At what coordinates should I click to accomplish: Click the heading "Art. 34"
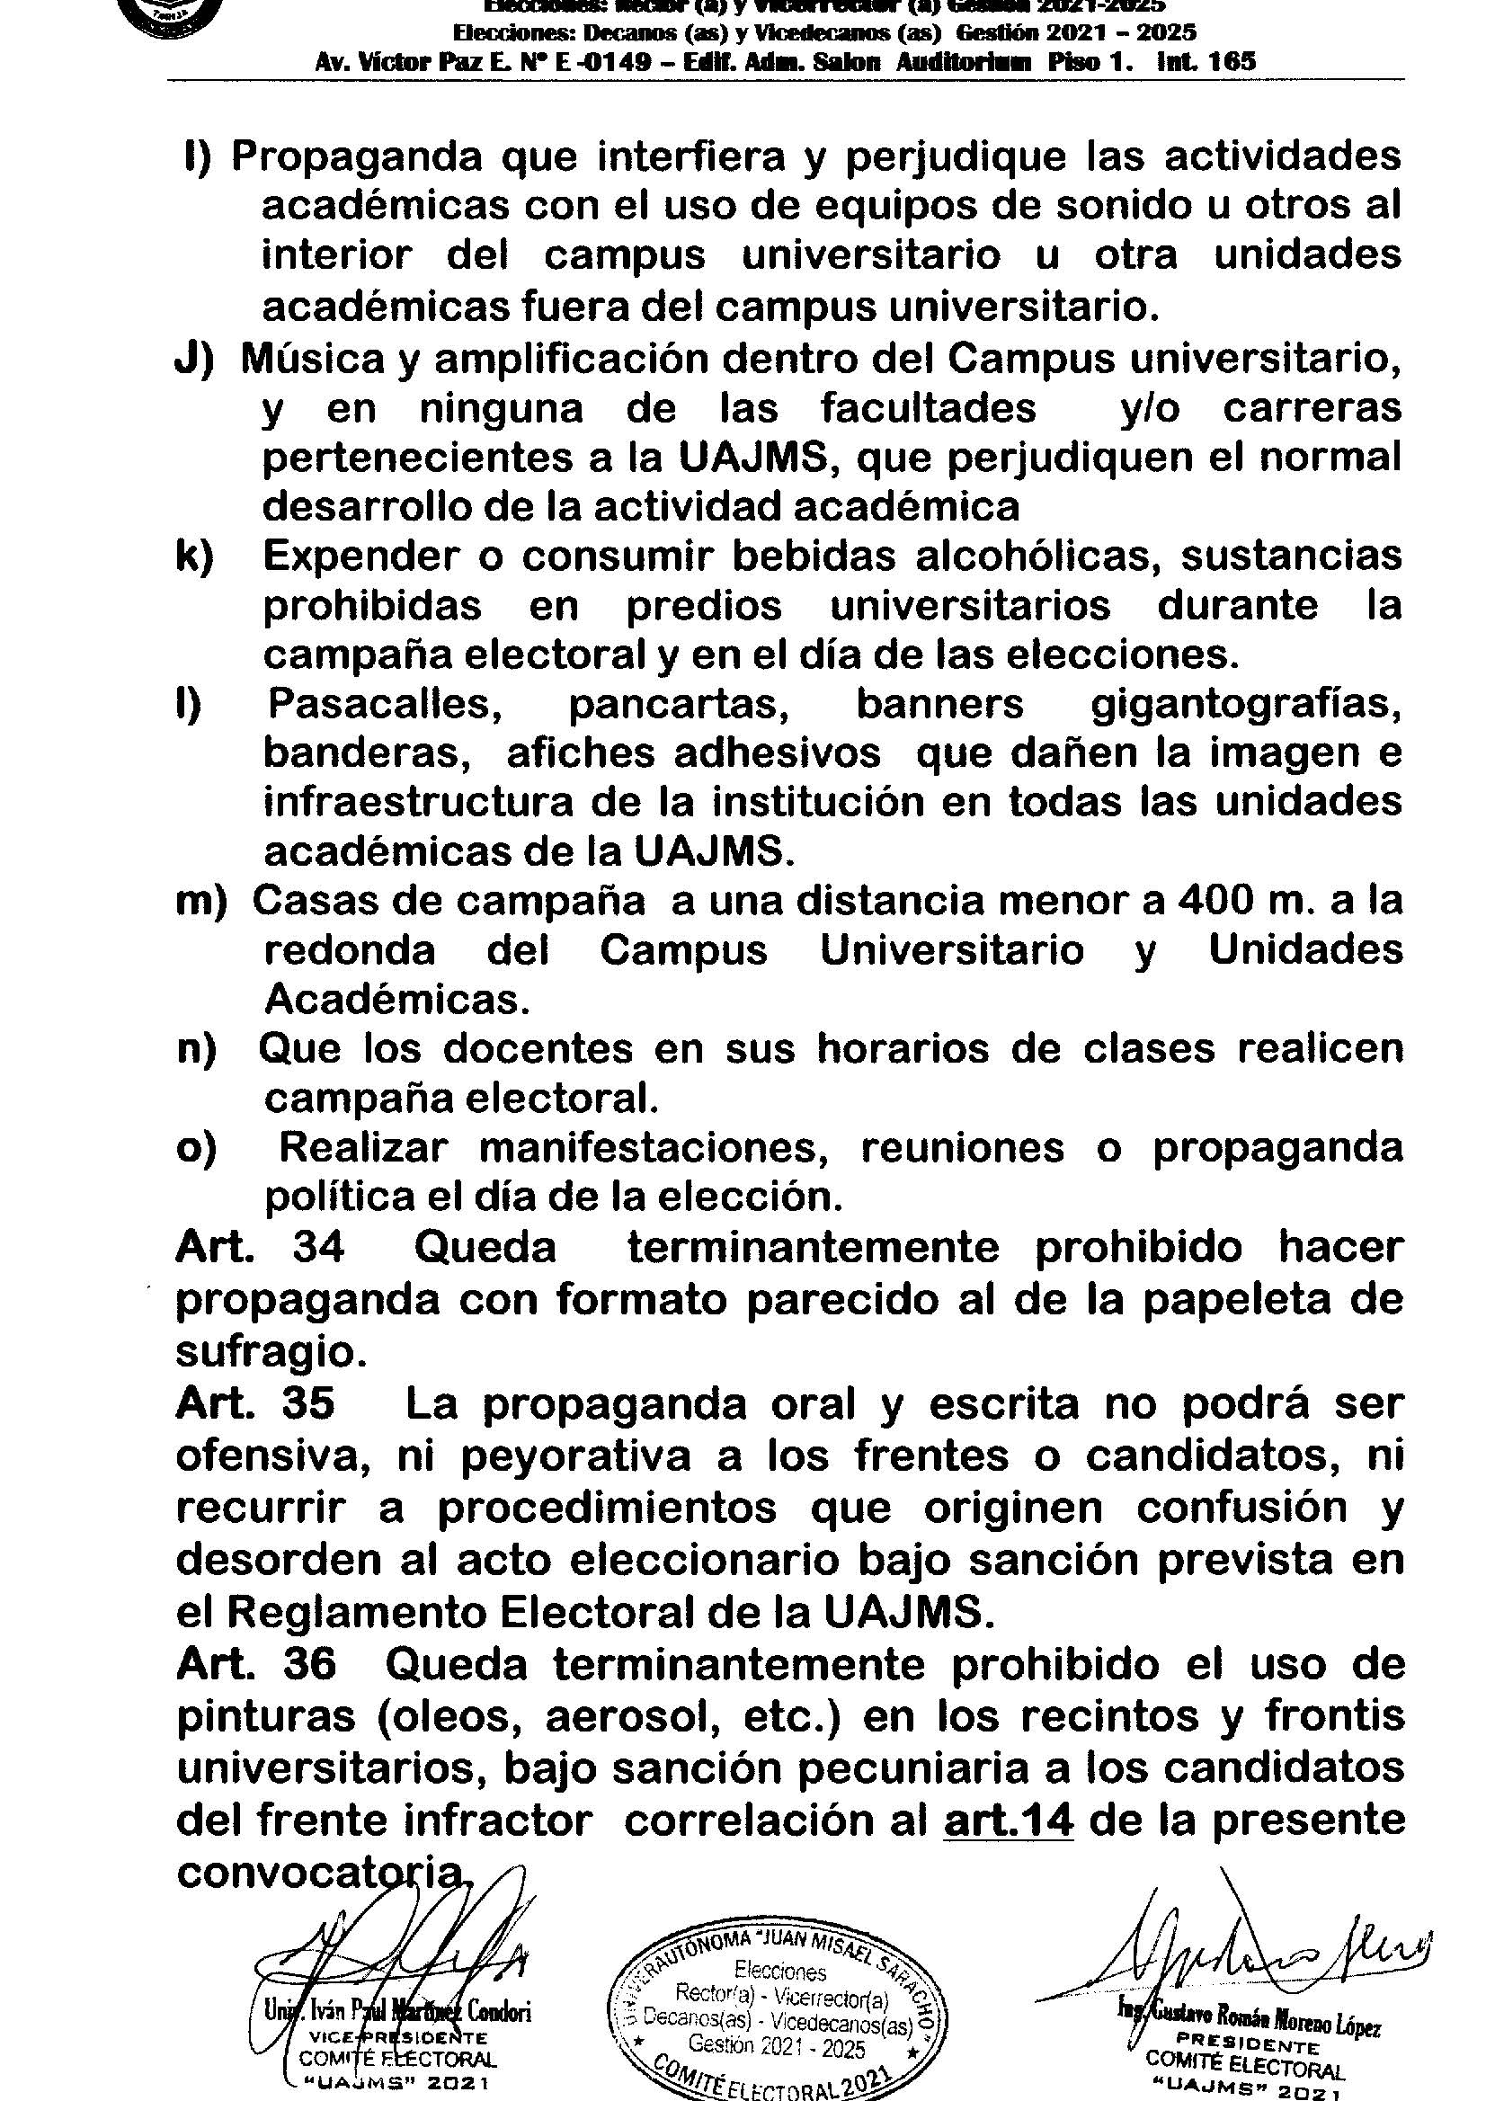coord(260,1247)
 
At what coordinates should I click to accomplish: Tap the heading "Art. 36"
coord(256,1663)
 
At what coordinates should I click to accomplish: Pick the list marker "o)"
coord(197,1147)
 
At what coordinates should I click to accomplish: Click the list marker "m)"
coord(201,902)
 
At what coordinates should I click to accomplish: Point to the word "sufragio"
coord(269,1351)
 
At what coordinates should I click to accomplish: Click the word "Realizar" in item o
coord(364,1147)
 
